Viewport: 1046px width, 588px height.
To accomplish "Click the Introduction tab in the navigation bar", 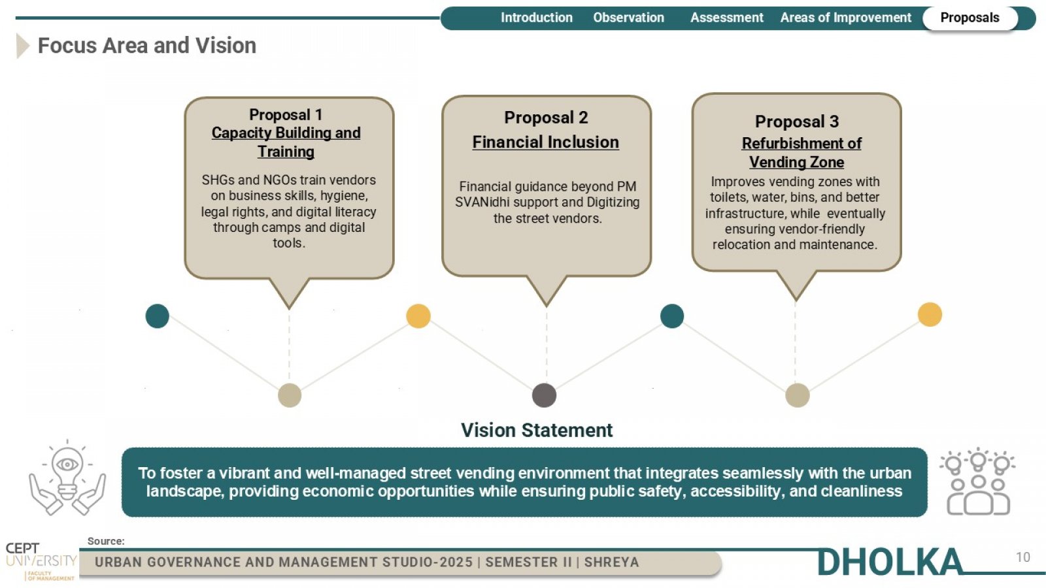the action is click(537, 18).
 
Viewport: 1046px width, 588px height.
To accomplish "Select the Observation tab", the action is click(628, 18).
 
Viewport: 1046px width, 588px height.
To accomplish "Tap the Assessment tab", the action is click(726, 18).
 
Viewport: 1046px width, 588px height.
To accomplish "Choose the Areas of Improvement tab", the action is click(846, 18).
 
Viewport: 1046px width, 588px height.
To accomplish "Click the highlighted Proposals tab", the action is click(970, 18).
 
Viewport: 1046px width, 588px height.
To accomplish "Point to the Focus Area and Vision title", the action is click(147, 46).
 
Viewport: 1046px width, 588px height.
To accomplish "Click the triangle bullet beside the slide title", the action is click(22, 46).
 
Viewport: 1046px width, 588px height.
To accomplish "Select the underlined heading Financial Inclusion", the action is click(545, 142).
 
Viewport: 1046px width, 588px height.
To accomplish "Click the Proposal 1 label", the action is click(286, 115).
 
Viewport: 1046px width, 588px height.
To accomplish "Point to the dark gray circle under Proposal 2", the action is click(544, 395).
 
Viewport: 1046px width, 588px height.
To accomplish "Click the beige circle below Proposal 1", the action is click(290, 395).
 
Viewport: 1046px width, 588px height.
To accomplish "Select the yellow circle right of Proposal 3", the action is click(930, 314).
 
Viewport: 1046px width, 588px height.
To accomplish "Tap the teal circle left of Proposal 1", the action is click(158, 316).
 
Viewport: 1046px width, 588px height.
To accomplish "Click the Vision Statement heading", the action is click(537, 431).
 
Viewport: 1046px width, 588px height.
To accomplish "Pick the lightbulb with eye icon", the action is click(67, 478).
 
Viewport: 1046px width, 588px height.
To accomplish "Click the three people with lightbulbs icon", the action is click(978, 482).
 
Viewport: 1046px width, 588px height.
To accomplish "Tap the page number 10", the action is click(1023, 557).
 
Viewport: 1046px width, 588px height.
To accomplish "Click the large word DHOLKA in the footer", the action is click(890, 562).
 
